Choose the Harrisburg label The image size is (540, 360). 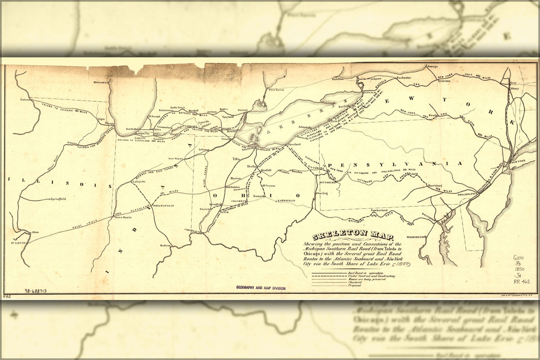(435, 186)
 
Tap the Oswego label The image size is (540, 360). (432, 66)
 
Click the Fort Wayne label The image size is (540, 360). (176, 159)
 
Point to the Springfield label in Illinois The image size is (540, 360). (58, 199)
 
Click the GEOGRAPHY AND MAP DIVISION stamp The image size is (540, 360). (261, 288)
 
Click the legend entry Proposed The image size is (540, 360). (355, 286)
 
